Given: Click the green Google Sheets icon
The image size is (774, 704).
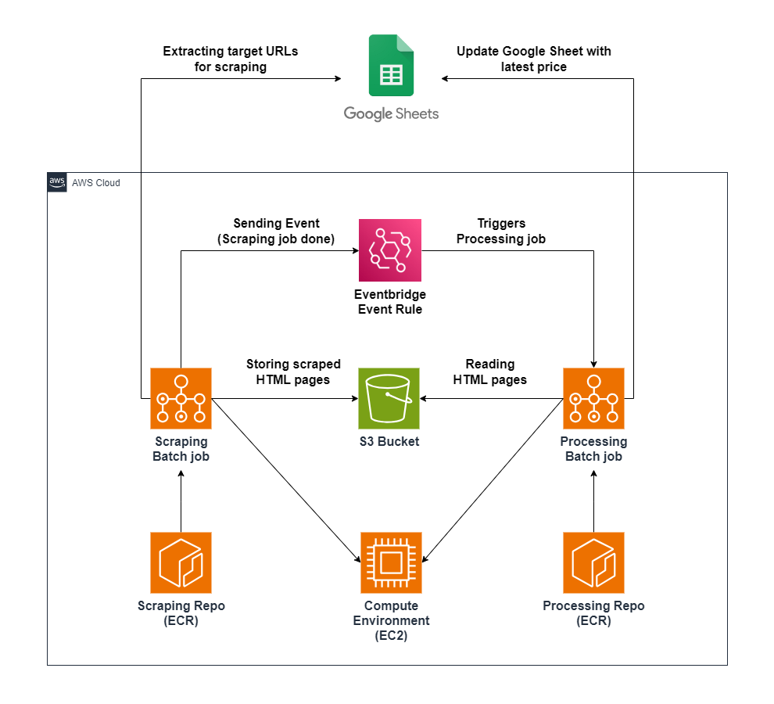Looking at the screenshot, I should click(391, 65).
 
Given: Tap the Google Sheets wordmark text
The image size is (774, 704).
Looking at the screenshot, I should click(391, 114).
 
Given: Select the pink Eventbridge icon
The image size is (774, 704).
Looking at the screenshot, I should click(389, 250).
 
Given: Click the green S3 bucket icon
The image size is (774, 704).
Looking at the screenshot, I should click(389, 398).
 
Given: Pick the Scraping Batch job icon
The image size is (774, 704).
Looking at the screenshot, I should click(181, 398).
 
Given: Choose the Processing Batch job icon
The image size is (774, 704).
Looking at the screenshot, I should click(593, 398).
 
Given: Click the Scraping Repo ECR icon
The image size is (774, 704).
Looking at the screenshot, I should click(181, 562).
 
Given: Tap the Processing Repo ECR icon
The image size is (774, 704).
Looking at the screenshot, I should click(593, 562).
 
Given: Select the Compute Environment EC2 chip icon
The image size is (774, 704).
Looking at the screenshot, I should click(391, 562).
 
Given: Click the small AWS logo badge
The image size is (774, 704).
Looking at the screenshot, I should click(57, 182).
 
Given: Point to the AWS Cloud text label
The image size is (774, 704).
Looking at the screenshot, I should click(96, 183).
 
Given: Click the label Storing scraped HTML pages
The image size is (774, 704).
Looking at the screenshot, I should click(293, 372).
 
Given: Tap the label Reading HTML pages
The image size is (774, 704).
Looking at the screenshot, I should click(490, 372).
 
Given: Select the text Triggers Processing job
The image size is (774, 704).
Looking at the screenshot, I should click(500, 231).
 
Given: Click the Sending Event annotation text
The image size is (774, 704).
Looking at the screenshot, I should click(275, 231).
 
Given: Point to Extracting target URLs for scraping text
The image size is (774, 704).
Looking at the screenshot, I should click(230, 59).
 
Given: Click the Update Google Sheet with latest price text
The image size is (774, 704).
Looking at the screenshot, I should click(533, 59).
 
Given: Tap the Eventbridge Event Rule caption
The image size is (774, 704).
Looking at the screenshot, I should click(389, 301).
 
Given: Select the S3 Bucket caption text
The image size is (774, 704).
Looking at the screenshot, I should click(389, 441).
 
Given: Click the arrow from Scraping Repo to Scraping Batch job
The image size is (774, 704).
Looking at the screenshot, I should click(181, 501).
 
